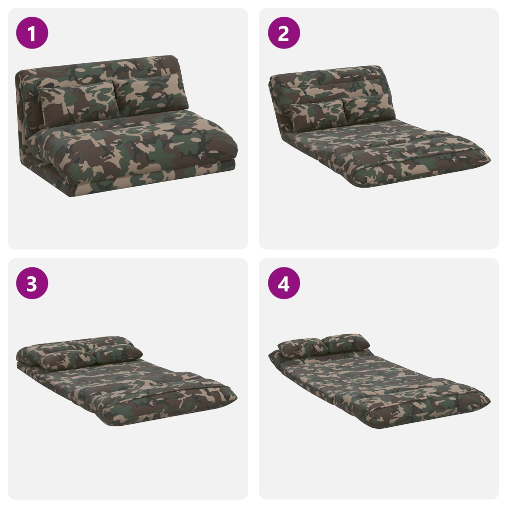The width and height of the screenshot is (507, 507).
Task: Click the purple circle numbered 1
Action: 32,33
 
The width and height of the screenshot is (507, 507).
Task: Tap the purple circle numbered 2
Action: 284,33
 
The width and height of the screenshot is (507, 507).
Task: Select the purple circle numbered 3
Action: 32,283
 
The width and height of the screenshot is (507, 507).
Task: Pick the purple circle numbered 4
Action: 284,283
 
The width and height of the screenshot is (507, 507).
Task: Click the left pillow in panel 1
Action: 78,104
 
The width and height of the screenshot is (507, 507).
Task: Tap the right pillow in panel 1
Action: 151,93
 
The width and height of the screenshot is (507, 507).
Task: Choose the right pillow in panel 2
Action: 368,109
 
